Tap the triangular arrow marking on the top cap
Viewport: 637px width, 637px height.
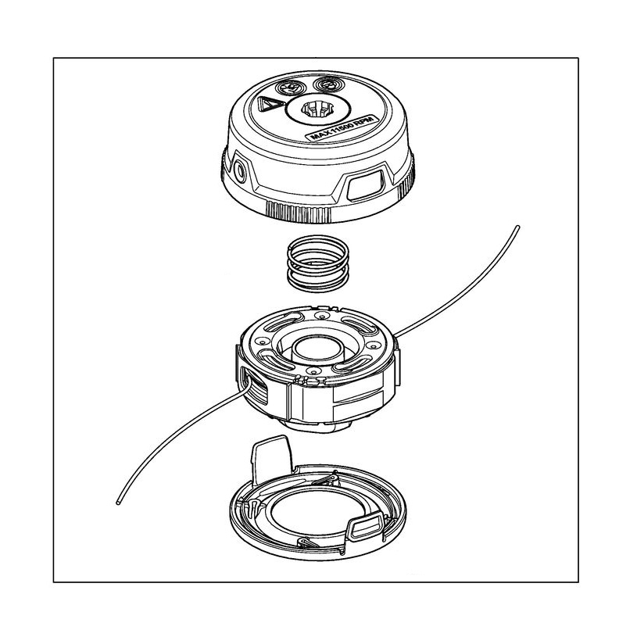click(268, 105)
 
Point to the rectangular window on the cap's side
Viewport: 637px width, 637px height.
click(365, 184)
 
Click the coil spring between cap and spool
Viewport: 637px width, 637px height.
click(317, 263)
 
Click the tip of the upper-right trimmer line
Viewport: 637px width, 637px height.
click(517, 227)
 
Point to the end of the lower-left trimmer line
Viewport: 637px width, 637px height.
click(118, 503)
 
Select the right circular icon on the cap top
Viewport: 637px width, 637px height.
click(328, 85)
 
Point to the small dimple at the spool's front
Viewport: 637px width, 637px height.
click(312, 371)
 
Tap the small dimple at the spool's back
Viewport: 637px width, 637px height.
click(322, 316)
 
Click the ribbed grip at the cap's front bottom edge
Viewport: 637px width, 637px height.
click(299, 211)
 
